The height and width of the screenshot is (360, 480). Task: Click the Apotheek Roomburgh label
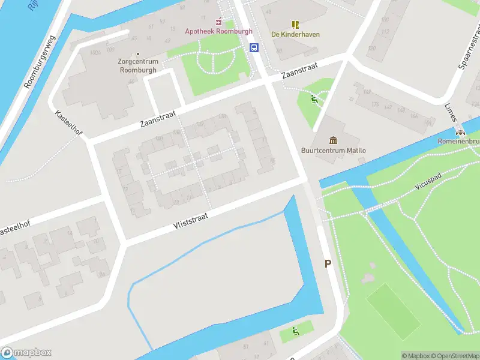(x=218, y=31)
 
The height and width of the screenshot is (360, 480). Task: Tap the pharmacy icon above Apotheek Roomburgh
(x=219, y=22)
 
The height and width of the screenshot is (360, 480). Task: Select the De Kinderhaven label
(x=295, y=34)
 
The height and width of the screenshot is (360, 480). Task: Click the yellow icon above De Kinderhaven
(x=295, y=25)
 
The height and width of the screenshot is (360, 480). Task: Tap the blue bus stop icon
(x=254, y=48)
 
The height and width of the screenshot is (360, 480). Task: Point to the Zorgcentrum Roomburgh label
(x=139, y=65)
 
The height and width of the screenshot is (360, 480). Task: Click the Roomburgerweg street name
(x=39, y=62)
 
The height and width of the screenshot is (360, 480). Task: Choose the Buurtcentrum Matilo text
(x=333, y=151)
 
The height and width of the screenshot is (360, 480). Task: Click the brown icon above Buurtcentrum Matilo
(x=332, y=140)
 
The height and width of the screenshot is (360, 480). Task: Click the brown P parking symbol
(x=328, y=263)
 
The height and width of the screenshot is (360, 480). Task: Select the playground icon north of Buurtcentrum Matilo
(x=314, y=100)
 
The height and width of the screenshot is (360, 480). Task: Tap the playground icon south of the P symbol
(x=295, y=331)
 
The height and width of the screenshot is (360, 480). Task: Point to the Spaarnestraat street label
(x=470, y=48)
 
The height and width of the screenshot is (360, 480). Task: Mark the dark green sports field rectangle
(x=394, y=311)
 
